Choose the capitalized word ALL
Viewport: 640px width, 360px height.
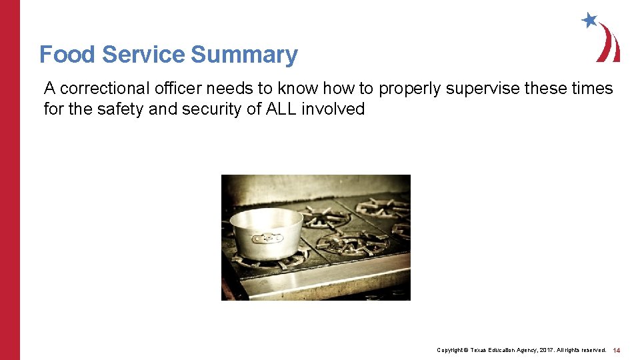click(281, 109)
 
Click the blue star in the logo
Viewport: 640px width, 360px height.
click(589, 20)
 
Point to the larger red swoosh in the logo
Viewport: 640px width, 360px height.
click(611, 43)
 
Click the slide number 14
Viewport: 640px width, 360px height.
click(617, 350)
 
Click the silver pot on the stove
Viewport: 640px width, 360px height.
click(267, 233)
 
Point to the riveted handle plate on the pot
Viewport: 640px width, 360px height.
click(267, 237)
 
